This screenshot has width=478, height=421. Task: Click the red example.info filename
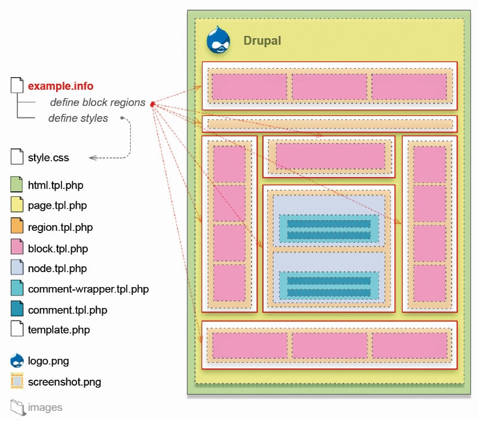(x=60, y=86)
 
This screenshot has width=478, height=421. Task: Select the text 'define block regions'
(x=97, y=102)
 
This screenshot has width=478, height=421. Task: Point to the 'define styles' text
(x=78, y=118)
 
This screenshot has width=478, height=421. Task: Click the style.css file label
(x=48, y=158)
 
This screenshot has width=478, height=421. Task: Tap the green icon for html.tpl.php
(x=17, y=185)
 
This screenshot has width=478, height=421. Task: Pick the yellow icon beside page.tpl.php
(x=17, y=206)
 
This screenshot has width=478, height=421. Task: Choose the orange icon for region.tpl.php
(x=17, y=227)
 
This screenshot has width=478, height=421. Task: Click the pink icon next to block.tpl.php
(x=17, y=248)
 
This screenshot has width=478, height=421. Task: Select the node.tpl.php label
(x=57, y=269)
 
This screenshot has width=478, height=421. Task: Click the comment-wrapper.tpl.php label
(x=88, y=289)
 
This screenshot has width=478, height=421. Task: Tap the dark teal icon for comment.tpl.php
(x=17, y=309)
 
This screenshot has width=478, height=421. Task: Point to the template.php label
(x=59, y=330)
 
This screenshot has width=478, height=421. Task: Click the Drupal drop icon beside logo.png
(x=17, y=361)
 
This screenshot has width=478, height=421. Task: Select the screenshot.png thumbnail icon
(x=17, y=381)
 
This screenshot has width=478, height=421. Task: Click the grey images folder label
(x=45, y=407)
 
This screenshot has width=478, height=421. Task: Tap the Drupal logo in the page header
(x=218, y=41)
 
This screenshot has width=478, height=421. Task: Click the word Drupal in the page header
(x=262, y=41)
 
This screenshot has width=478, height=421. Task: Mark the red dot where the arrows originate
(x=152, y=105)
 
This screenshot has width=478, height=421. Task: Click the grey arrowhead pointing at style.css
(x=91, y=158)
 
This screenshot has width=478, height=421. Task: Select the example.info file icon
(x=17, y=86)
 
